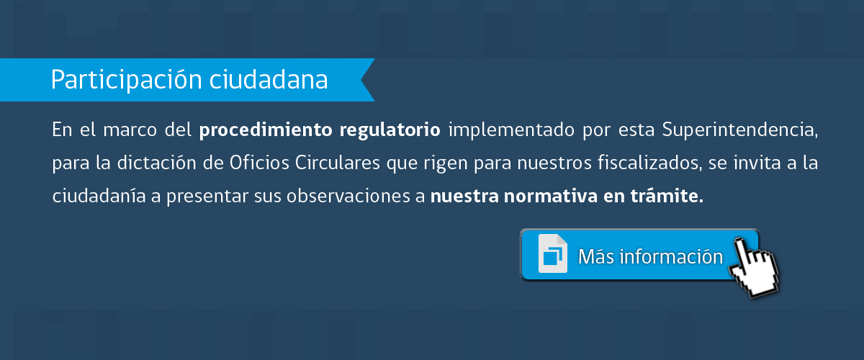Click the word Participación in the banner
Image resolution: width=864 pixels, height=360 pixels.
point(126,80)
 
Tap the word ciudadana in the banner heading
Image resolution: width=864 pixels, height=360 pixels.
point(269,79)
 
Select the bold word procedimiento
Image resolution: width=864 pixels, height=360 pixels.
point(266,130)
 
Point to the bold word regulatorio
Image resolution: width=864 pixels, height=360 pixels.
point(390,130)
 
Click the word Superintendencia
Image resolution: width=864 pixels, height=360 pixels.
point(740,130)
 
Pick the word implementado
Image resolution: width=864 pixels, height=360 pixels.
point(511,130)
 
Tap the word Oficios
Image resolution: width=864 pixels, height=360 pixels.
point(259,163)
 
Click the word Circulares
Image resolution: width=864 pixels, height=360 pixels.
point(338,163)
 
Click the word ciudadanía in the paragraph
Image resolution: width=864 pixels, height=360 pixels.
point(99,196)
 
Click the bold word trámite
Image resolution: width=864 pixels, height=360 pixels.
point(667,196)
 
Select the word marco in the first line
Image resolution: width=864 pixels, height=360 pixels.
point(130,130)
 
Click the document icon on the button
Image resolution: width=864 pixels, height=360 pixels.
point(553,253)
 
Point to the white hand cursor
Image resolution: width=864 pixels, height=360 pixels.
point(753,268)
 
